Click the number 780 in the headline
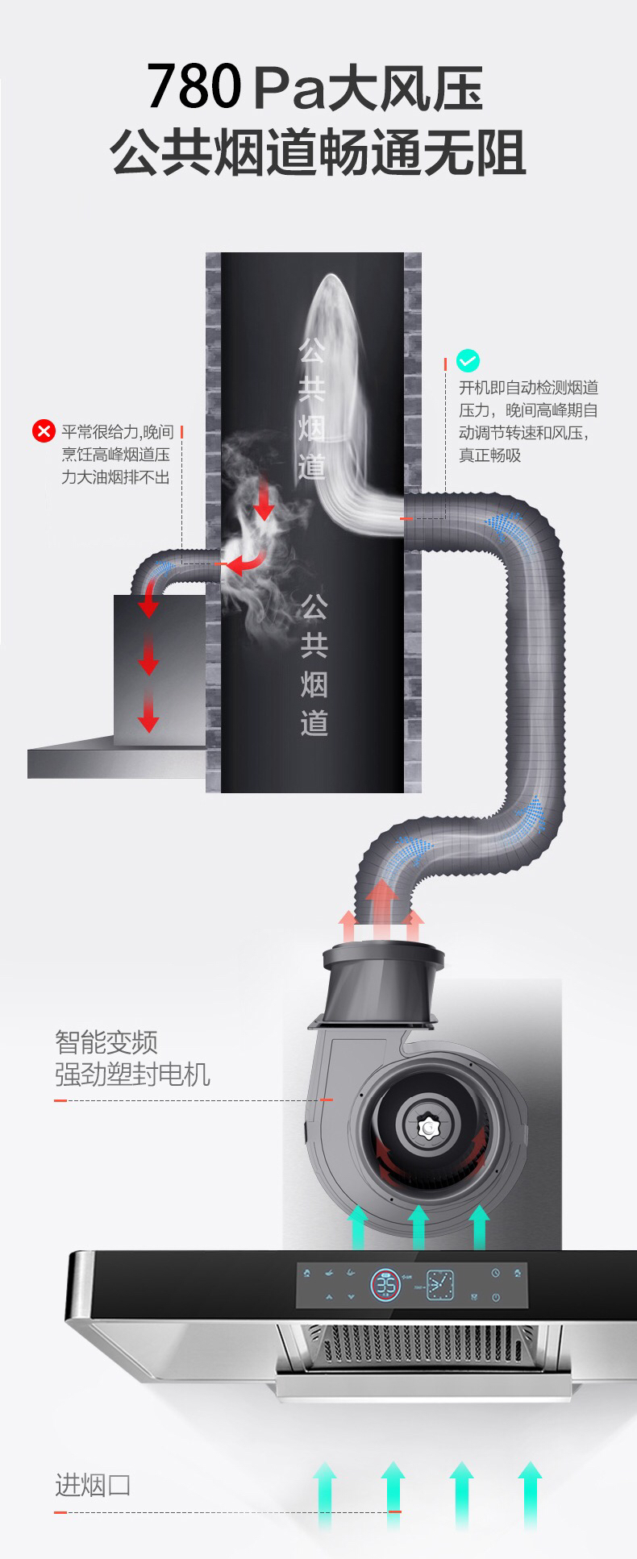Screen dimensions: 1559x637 194,88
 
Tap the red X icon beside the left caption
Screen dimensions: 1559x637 43,431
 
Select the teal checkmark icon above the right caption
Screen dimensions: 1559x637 468,360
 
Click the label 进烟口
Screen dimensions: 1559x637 93,1485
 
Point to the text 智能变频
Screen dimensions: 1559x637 106,1041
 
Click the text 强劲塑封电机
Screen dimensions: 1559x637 132,1074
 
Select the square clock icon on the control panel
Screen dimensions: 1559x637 439,1285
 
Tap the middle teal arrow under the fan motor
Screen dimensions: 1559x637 418,1226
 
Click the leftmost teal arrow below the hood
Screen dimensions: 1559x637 324,1491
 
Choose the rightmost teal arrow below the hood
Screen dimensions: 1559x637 530,1491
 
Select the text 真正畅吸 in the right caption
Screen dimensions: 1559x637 490,455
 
